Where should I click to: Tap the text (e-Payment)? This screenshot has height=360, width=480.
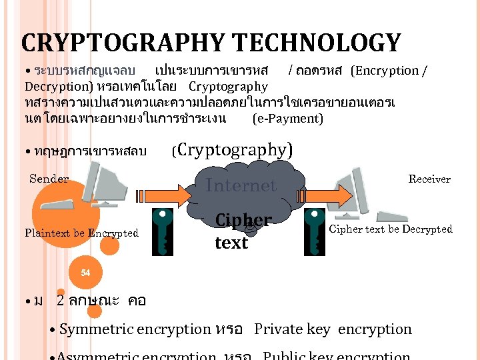(x=288, y=119)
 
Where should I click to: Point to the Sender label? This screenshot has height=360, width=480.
(x=49, y=179)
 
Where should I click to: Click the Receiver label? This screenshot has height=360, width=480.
(x=429, y=179)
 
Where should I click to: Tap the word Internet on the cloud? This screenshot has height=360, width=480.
(x=241, y=185)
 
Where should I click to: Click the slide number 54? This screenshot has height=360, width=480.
(x=85, y=273)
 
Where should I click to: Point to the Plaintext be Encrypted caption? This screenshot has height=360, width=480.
(x=81, y=233)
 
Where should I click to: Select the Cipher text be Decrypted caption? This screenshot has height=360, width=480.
(x=391, y=229)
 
